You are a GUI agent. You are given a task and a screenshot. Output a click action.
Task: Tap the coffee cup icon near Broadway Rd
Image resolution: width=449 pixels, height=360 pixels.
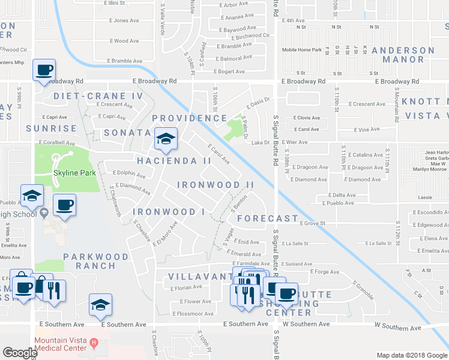[x=44, y=71]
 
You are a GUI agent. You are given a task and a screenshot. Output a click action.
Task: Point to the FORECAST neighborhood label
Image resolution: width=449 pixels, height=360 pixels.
[x=267, y=218]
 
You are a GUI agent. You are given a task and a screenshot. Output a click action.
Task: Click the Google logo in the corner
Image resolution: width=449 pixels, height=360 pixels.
[x=20, y=353]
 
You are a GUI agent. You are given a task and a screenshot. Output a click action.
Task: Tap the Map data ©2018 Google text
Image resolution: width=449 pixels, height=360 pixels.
[x=412, y=355]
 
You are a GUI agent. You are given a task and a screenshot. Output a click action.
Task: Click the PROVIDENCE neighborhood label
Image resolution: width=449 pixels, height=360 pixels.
[x=189, y=118]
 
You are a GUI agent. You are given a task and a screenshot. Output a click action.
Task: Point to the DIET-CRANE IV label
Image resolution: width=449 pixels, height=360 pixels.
[x=98, y=96]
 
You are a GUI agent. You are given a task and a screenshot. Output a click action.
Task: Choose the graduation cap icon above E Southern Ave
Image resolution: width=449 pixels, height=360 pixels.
[x=100, y=305]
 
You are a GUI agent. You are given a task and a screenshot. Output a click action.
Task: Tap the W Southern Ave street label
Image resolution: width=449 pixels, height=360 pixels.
[x=306, y=324]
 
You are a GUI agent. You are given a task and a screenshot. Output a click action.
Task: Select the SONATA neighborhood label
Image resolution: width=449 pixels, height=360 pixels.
[x=126, y=132]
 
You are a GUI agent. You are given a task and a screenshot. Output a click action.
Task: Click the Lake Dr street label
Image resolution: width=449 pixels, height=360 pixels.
[x=261, y=142]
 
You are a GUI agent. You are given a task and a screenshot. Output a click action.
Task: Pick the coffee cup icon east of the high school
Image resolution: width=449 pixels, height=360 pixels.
[x=64, y=206]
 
